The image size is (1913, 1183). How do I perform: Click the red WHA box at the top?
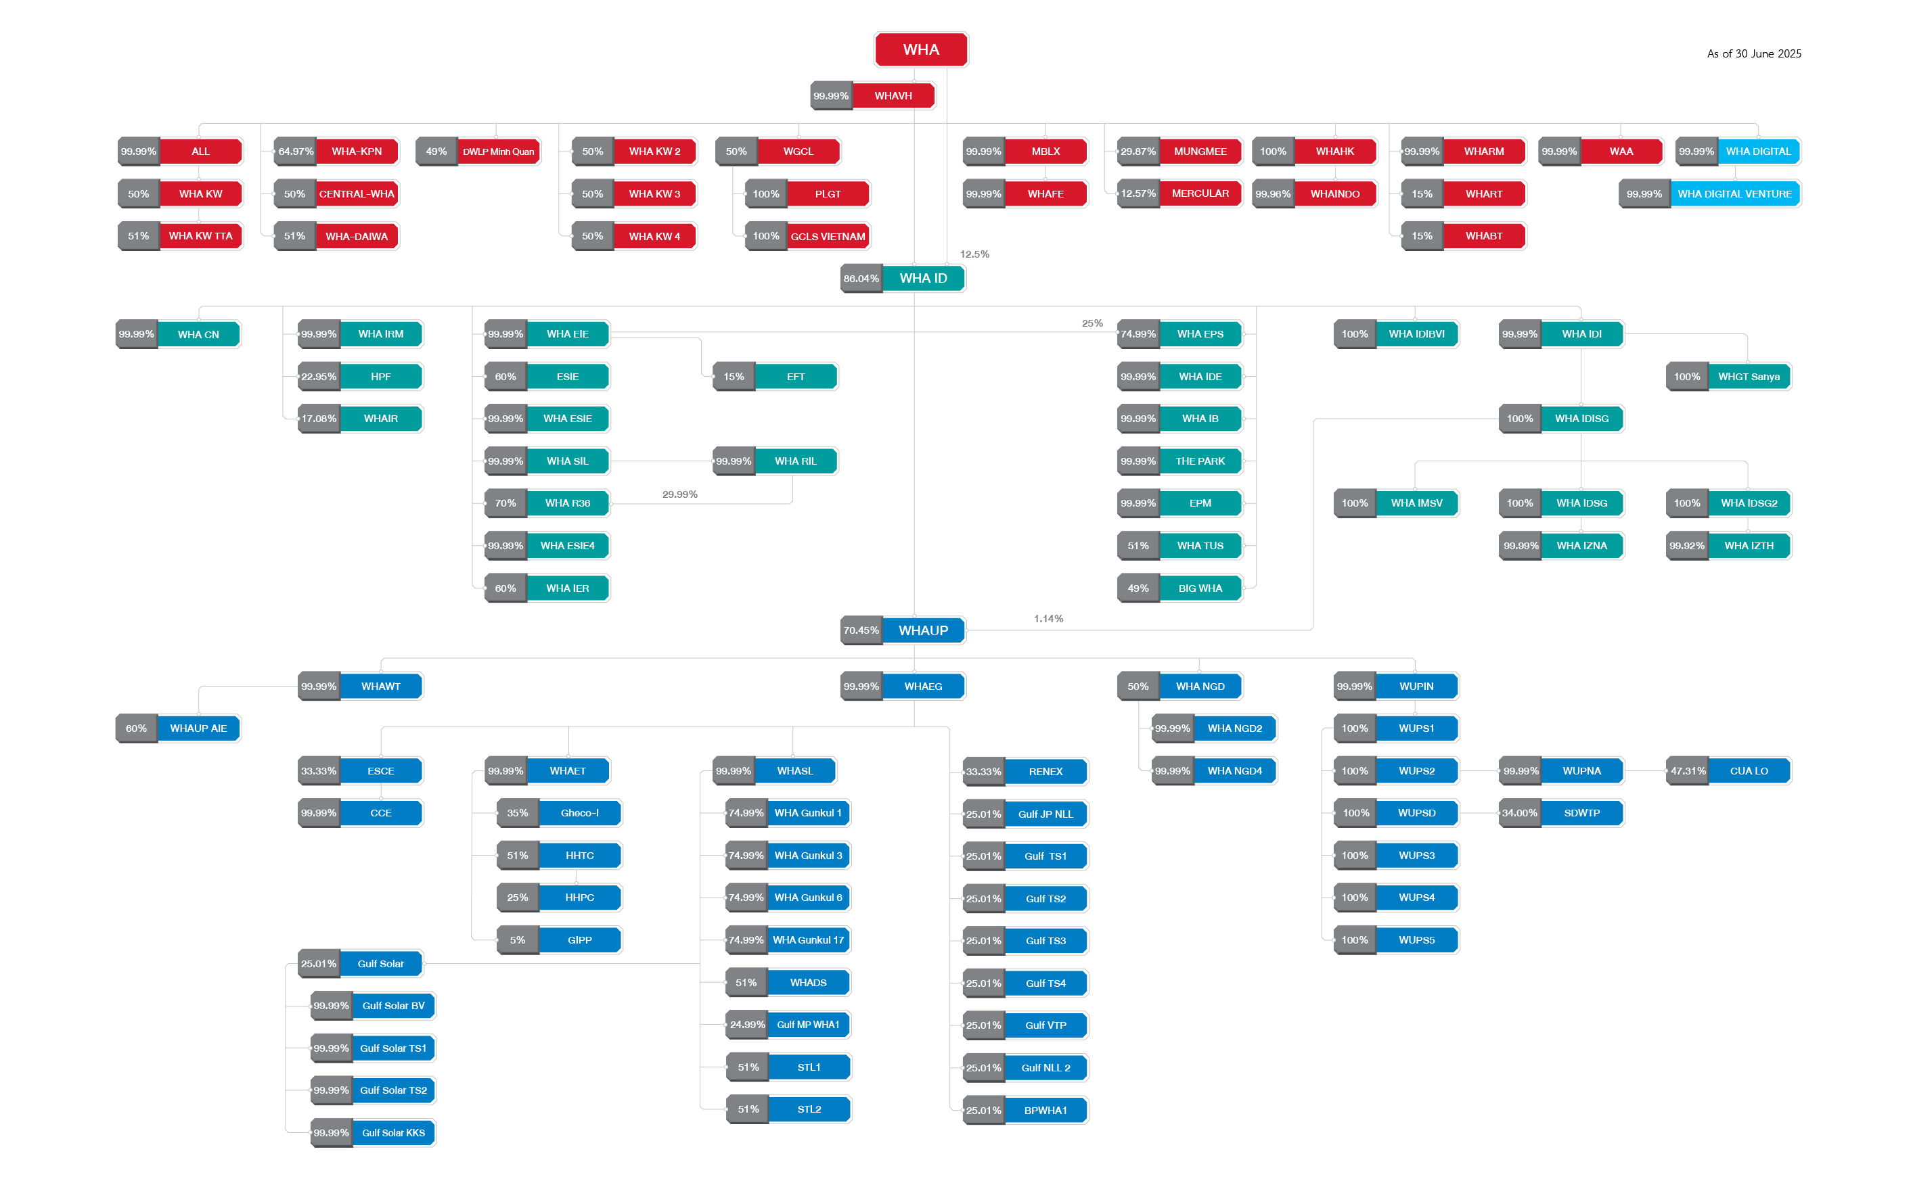pyautogui.click(x=920, y=49)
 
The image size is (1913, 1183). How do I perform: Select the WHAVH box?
pyautogui.click(x=893, y=95)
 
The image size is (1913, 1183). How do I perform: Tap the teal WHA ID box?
pyautogui.click(x=923, y=278)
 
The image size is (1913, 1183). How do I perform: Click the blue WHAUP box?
pyautogui.click(x=923, y=630)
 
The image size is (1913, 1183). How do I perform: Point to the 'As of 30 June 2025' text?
pyautogui.click(x=1753, y=53)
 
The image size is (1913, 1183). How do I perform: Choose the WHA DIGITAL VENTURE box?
pyautogui.click(x=1734, y=194)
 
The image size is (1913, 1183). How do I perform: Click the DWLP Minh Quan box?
pyautogui.click(x=498, y=152)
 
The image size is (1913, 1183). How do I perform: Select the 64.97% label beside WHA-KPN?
pyautogui.click(x=295, y=152)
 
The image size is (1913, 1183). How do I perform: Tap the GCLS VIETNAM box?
pyautogui.click(x=828, y=236)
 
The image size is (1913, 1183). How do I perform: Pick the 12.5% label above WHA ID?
pyautogui.click(x=974, y=254)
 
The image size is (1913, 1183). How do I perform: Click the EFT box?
pyautogui.click(x=795, y=376)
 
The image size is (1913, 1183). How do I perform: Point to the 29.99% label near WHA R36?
pyautogui.click(x=679, y=494)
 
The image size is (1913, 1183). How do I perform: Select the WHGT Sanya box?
pyautogui.click(x=1749, y=376)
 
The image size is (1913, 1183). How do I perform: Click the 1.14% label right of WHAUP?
pyautogui.click(x=1048, y=619)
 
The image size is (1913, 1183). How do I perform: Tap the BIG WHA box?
pyautogui.click(x=1200, y=588)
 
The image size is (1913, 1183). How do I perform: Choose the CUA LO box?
pyautogui.click(x=1749, y=770)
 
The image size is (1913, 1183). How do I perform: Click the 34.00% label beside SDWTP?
pyautogui.click(x=1519, y=813)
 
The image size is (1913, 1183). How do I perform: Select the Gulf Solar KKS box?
pyautogui.click(x=393, y=1133)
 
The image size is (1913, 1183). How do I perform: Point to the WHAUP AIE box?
pyautogui.click(x=198, y=728)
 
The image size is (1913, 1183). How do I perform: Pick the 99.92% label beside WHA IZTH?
pyautogui.click(x=1686, y=546)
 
